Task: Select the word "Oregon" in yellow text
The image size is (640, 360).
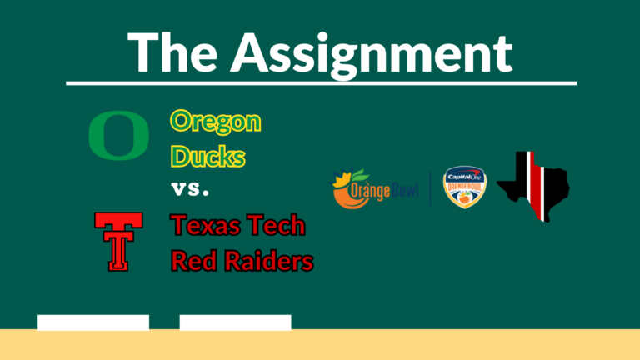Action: [x=216, y=122]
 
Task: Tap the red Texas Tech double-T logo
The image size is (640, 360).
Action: [x=118, y=241]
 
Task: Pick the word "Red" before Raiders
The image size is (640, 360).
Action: [x=193, y=261]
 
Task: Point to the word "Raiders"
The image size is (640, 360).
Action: [x=268, y=261]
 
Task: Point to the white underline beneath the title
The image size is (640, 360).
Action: [x=321, y=83]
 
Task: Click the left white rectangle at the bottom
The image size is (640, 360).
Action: [x=93, y=322]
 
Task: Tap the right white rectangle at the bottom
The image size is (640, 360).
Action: [x=235, y=322]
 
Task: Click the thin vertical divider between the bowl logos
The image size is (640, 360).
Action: [x=430, y=188]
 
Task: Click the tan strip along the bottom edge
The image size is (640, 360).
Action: [x=320, y=345]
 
